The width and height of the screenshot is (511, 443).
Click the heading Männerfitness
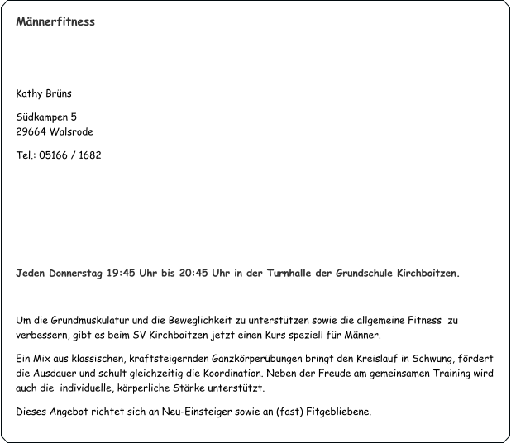click(55, 21)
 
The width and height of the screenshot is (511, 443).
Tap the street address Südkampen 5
click(47, 117)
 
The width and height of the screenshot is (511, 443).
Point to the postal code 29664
click(31, 132)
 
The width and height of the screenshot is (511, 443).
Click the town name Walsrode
click(71, 132)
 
